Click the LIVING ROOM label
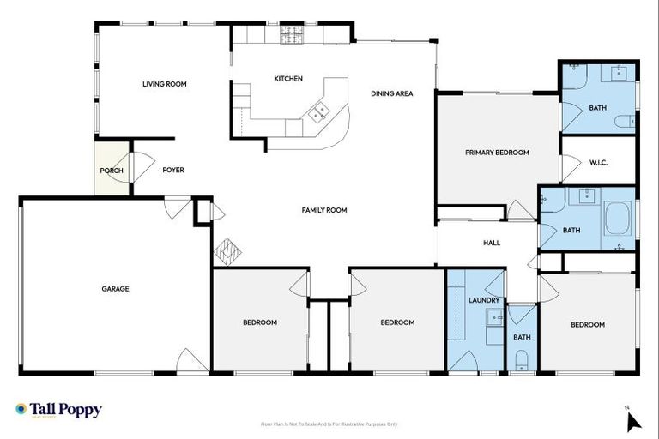tap(164, 84)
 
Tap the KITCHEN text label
tap(288, 79)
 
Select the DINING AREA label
tap(392, 93)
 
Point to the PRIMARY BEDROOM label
tap(497, 153)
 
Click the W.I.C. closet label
tap(598, 162)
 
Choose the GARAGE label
tap(115, 289)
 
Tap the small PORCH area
tap(112, 171)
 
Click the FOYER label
tap(173, 171)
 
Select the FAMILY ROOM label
tap(323, 210)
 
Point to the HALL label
tap(492, 243)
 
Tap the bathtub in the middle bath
tap(617, 219)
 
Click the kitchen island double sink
tap(319, 111)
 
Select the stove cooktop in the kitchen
tap(292, 35)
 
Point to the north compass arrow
tap(632, 420)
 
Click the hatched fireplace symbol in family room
tap(228, 251)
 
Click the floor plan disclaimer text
tap(329, 424)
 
